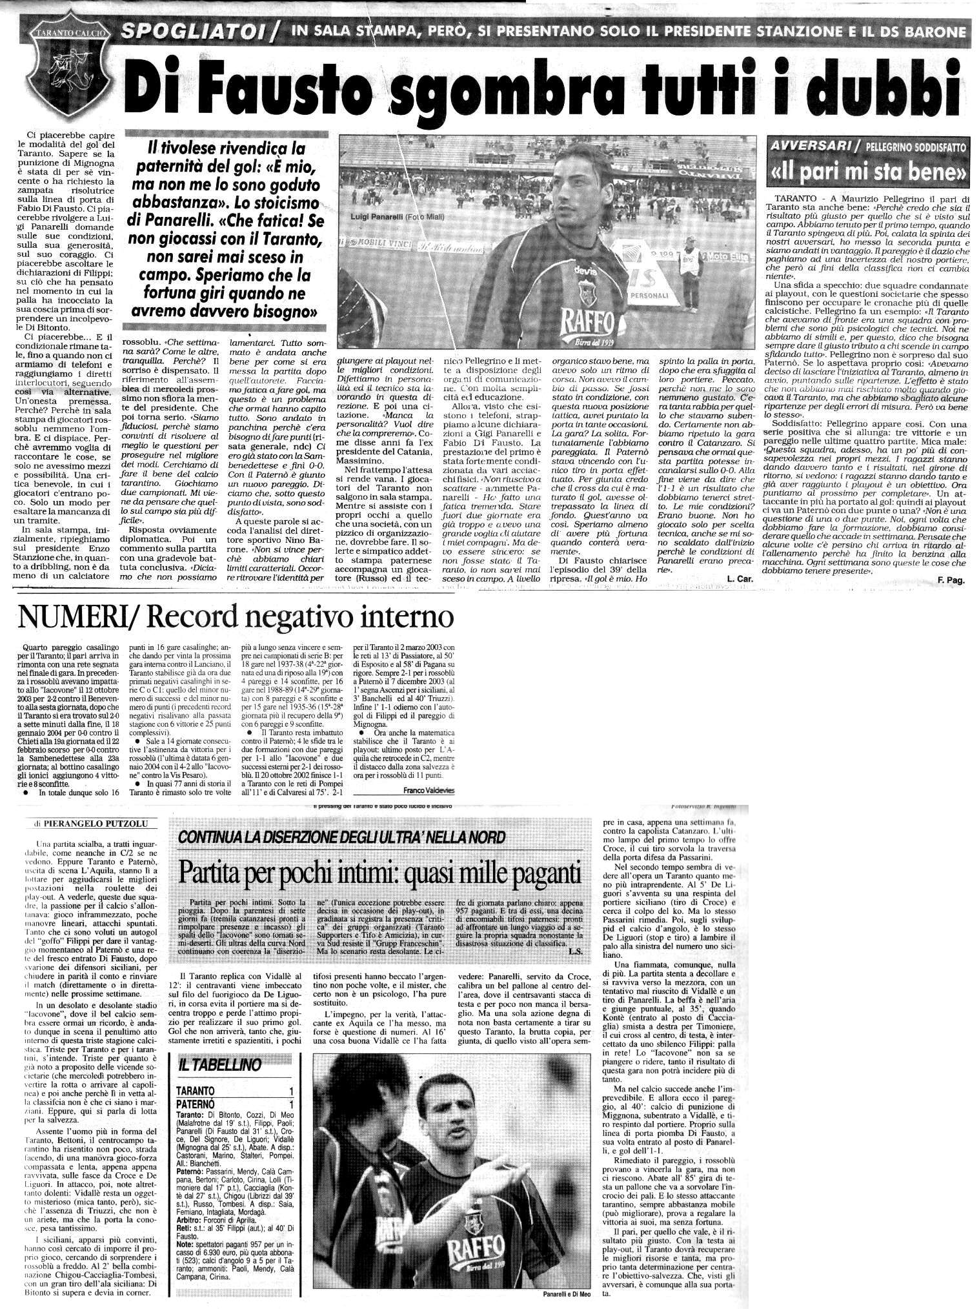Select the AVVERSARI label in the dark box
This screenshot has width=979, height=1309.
811,147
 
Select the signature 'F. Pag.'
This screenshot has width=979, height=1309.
951,581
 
